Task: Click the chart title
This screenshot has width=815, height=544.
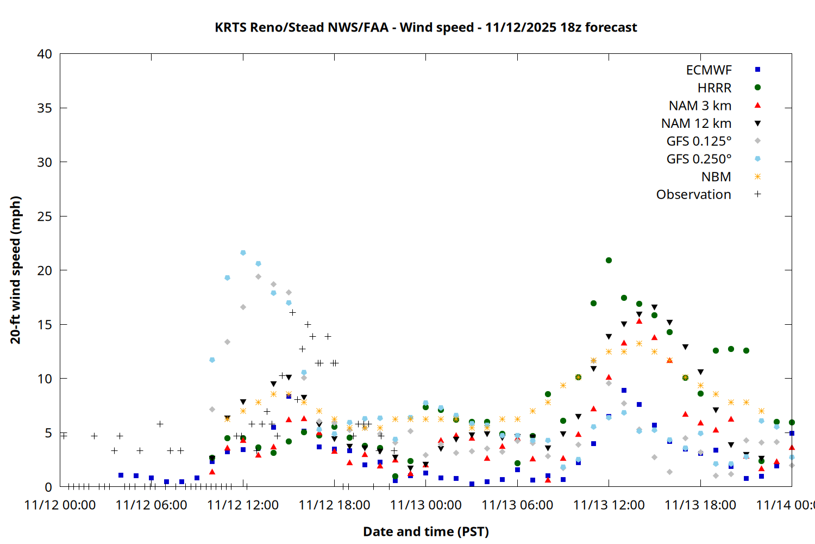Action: (x=425, y=27)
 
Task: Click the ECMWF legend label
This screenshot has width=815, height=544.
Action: (x=709, y=70)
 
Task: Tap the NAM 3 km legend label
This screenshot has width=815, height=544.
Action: (x=700, y=106)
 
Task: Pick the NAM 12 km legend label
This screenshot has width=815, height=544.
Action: (x=696, y=123)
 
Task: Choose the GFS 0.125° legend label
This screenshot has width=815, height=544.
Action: (x=699, y=141)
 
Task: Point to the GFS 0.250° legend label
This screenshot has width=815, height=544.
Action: (x=699, y=159)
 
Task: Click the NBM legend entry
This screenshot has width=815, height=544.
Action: (x=716, y=177)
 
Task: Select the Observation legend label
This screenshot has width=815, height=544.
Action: (x=693, y=195)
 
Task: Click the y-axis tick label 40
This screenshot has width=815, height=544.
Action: (x=45, y=54)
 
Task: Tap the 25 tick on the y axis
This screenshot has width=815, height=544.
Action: (x=45, y=217)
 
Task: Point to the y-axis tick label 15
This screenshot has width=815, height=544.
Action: (x=45, y=325)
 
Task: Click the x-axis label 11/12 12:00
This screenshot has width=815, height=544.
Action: (x=243, y=505)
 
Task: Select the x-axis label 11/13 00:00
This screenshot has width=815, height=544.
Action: (x=426, y=505)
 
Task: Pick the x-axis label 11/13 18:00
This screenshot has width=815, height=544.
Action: (x=700, y=505)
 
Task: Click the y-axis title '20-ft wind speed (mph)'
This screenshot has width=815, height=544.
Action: (x=16, y=270)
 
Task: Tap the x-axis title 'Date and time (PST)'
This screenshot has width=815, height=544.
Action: (x=426, y=531)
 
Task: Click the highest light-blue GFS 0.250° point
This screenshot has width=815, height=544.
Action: (x=243, y=253)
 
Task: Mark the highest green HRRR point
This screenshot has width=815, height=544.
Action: (x=609, y=261)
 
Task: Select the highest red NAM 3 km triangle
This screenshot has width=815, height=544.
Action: (x=640, y=322)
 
